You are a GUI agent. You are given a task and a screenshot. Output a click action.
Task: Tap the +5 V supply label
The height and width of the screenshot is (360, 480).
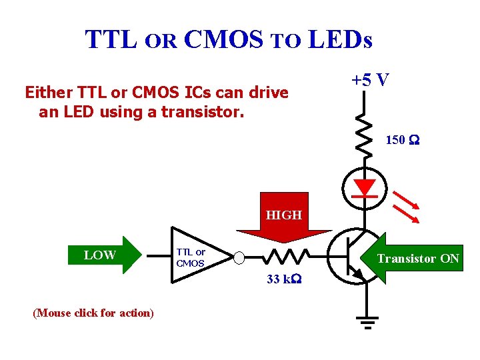coord(370,80)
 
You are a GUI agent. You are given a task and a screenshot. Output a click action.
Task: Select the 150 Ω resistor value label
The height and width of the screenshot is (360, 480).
coord(402,140)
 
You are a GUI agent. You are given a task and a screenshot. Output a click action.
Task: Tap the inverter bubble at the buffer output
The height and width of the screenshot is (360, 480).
coord(239,257)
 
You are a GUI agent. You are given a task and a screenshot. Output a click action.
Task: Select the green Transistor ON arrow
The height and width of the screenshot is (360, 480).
coord(414,259)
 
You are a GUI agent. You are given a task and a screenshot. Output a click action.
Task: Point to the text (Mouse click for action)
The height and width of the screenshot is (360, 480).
coord(93,313)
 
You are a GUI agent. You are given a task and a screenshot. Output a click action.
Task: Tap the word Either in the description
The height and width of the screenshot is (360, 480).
coord(49,92)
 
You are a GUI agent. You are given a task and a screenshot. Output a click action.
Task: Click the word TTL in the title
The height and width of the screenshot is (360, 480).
coord(111,40)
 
